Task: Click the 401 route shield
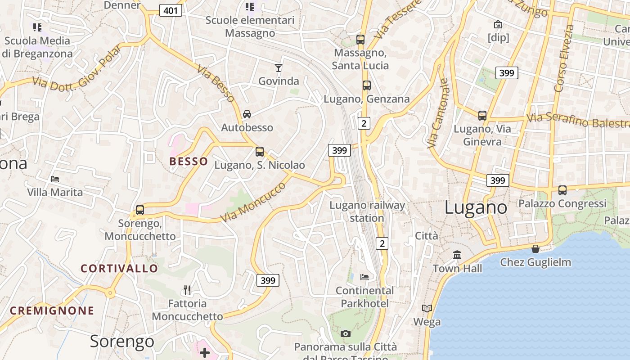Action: pyautogui.click(x=171, y=10)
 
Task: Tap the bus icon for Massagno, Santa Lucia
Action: pyautogui.click(x=360, y=39)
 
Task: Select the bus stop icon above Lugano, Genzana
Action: pyautogui.click(x=366, y=85)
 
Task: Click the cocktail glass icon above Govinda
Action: pyautogui.click(x=279, y=68)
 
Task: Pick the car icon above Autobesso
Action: pyautogui.click(x=247, y=114)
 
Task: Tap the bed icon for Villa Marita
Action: pyautogui.click(x=55, y=179)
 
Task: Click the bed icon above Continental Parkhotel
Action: pyautogui.click(x=364, y=277)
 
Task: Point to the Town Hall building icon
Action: pyautogui.click(x=457, y=255)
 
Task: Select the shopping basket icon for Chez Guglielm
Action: pyautogui.click(x=535, y=249)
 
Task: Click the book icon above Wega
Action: pyautogui.click(x=427, y=308)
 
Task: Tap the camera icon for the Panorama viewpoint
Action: pyautogui.click(x=346, y=333)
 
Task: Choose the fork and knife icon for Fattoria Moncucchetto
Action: pyautogui.click(x=187, y=290)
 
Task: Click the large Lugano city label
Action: pyautogui.click(x=476, y=208)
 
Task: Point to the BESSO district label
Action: pyautogui.click(x=189, y=162)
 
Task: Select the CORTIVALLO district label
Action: pyautogui.click(x=119, y=269)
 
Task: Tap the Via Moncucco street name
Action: pyautogui.click(x=253, y=202)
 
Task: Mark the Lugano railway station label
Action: pyautogui.click(x=367, y=211)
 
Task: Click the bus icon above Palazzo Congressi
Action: pyautogui.click(x=562, y=190)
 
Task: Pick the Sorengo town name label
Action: pyautogui.click(x=122, y=342)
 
